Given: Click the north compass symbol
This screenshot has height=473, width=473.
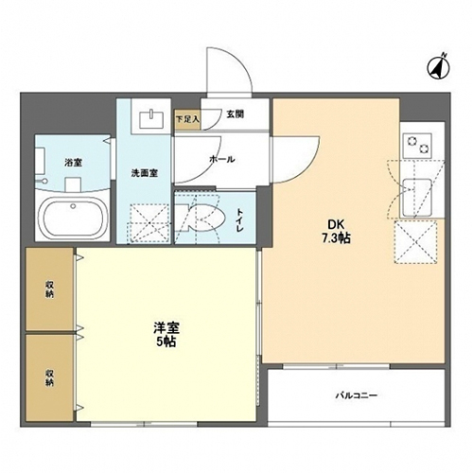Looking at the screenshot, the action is (x=438, y=67).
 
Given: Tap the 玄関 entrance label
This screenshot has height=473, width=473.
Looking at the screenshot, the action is (x=236, y=114).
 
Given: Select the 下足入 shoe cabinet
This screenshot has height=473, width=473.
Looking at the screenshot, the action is (x=188, y=119).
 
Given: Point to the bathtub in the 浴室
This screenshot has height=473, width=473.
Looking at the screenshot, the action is (x=73, y=218).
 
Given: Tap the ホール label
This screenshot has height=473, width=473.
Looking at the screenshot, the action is (x=222, y=159).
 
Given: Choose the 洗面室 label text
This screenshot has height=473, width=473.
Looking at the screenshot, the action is (x=145, y=173).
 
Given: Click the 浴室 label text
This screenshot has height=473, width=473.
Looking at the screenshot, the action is (x=73, y=163).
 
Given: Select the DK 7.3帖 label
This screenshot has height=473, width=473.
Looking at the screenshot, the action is (x=336, y=232).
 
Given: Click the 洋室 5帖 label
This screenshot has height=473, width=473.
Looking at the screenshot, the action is (x=166, y=335).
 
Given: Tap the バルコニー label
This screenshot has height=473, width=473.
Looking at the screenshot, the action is (x=356, y=395).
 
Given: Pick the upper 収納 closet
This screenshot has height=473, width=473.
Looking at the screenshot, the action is (x=49, y=289).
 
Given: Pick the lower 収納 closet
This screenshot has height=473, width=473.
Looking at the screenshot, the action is (x=49, y=377).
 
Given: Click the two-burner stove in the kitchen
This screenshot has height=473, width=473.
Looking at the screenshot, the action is (x=417, y=145).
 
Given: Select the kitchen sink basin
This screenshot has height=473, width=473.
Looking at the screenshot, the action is (x=417, y=198).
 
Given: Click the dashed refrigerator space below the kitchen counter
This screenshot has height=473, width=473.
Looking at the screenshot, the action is (x=416, y=242).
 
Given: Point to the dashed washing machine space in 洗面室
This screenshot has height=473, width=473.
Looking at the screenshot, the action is (x=149, y=223).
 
